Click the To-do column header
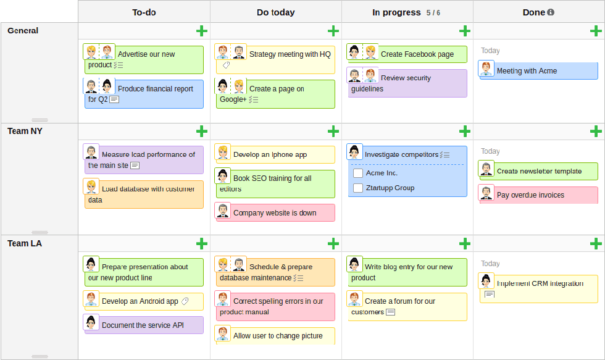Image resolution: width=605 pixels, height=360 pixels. [x=144, y=12]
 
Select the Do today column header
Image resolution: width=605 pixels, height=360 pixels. [x=275, y=12]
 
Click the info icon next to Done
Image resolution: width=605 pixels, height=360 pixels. [x=551, y=12]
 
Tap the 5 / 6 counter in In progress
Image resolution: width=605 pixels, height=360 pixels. [x=433, y=12]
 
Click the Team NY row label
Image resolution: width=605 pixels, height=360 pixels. [x=25, y=131]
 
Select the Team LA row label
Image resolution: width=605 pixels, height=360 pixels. [x=25, y=243]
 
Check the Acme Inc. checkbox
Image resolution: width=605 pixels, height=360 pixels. [x=358, y=174]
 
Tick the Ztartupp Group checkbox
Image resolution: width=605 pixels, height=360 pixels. [x=358, y=188]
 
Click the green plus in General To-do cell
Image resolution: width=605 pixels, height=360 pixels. [x=202, y=31]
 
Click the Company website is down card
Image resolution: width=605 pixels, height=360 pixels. [x=275, y=213]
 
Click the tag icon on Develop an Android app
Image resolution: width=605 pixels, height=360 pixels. [x=185, y=301]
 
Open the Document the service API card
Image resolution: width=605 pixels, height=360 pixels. [x=143, y=325]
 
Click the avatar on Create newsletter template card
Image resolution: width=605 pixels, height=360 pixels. [x=486, y=169]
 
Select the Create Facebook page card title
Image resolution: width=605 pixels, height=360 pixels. [x=417, y=54]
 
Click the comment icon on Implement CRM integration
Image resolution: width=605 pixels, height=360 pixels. [x=489, y=295]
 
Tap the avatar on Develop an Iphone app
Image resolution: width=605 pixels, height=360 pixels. [x=223, y=153]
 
